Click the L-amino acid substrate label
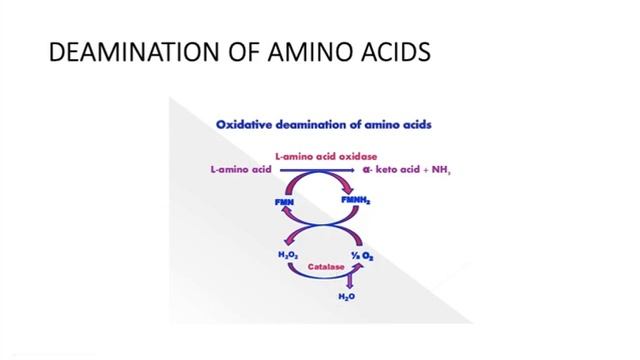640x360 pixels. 242,170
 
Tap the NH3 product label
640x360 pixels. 440,171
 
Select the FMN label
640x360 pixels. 284,203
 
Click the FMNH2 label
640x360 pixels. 355,202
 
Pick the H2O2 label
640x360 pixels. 288,256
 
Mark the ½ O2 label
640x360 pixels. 361,257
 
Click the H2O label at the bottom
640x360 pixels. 347,296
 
